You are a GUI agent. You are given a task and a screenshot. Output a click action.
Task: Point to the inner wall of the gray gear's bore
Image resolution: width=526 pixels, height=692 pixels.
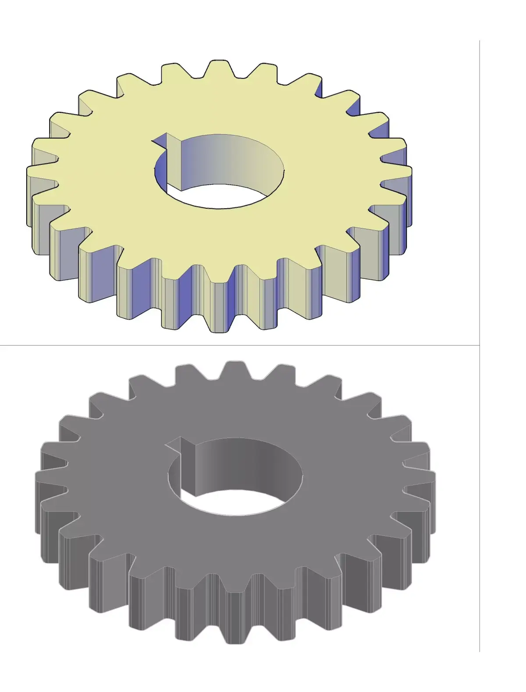[245, 465]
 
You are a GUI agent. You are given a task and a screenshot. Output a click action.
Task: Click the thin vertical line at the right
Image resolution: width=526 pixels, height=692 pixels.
[480, 263]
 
